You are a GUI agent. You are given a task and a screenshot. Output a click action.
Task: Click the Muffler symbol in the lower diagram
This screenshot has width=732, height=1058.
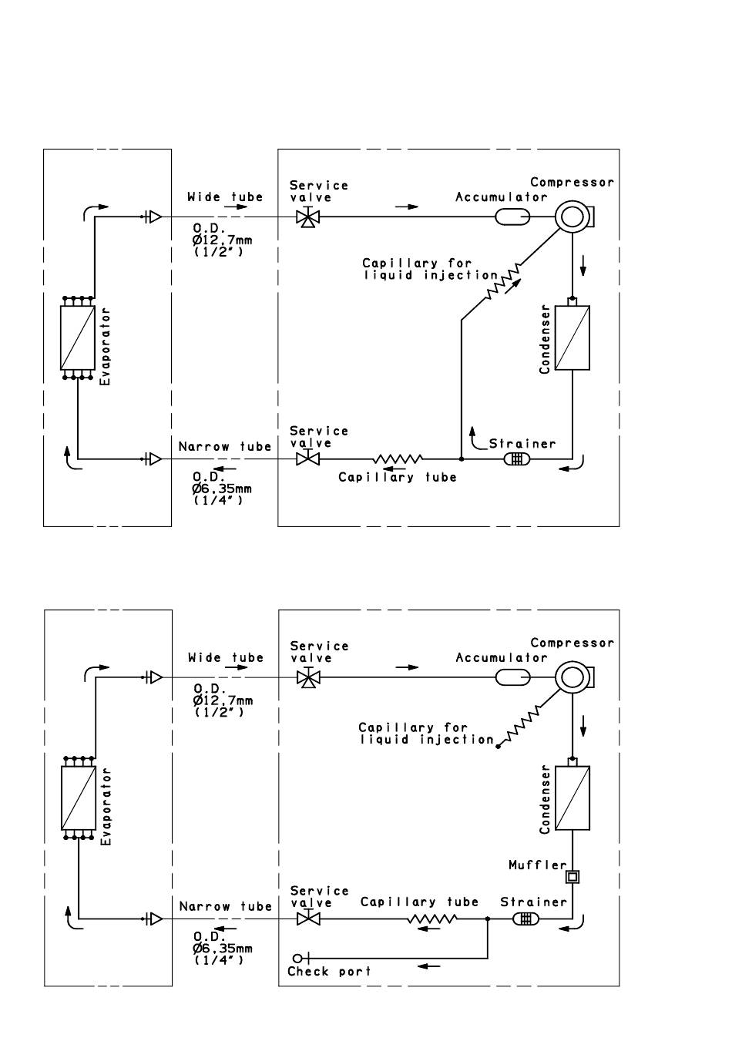pyautogui.click(x=573, y=877)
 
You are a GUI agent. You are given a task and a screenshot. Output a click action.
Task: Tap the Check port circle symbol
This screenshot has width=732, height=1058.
pyautogui.click(x=297, y=959)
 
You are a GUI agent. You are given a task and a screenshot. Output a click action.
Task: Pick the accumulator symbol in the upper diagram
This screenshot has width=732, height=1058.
pyautogui.click(x=512, y=217)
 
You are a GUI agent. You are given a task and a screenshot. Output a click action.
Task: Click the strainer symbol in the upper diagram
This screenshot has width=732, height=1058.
pyautogui.click(x=517, y=458)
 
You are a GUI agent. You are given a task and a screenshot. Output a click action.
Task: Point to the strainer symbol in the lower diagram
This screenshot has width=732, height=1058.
pyautogui.click(x=525, y=919)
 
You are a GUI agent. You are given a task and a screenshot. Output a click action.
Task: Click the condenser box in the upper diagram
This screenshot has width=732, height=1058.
pyautogui.click(x=572, y=338)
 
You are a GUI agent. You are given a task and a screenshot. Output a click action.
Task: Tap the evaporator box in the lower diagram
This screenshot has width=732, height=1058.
pyautogui.click(x=79, y=798)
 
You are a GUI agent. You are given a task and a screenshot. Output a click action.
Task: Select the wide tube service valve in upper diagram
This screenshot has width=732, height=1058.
pyautogui.click(x=308, y=217)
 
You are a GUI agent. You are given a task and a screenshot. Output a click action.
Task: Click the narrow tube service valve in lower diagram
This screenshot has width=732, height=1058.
pyautogui.click(x=308, y=919)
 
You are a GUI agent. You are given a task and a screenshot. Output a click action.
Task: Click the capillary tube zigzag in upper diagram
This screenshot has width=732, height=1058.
pyautogui.click(x=398, y=458)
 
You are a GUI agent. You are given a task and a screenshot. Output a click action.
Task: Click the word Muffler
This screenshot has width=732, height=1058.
pyautogui.click(x=537, y=865)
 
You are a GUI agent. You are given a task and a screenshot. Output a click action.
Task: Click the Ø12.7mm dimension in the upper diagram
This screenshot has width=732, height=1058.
pyautogui.click(x=223, y=240)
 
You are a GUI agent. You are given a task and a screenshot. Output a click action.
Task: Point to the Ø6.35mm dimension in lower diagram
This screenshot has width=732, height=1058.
pyautogui.click(x=223, y=949)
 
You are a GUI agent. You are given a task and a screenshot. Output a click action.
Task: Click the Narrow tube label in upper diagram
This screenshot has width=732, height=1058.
pyautogui.click(x=225, y=446)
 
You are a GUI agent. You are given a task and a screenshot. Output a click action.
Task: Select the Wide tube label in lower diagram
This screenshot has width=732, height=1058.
pyautogui.click(x=226, y=657)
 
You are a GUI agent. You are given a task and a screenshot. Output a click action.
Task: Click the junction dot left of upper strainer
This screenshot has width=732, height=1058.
pyautogui.click(x=462, y=458)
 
